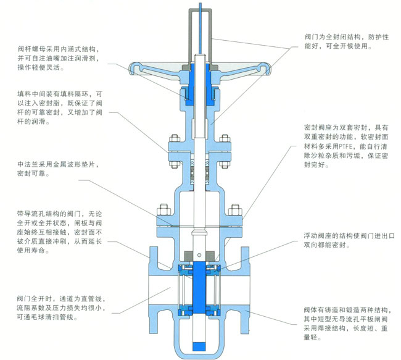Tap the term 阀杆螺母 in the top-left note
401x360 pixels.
pos(33,50)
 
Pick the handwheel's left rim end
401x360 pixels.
pos(131,66)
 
